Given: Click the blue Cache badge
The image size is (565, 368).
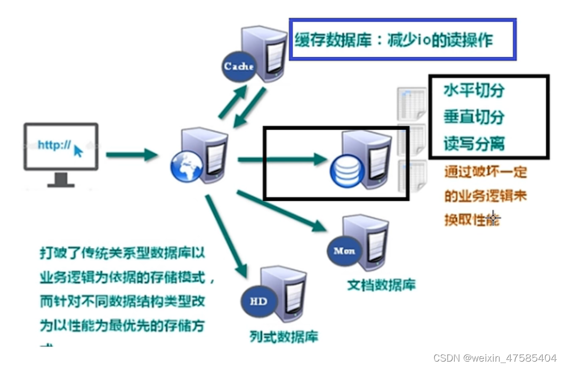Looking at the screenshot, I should click(x=238, y=67).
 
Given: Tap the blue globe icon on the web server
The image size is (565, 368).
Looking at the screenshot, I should click(x=187, y=165).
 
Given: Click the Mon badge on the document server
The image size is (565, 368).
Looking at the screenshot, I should click(x=344, y=251).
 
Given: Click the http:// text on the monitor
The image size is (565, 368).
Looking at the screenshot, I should click(x=54, y=145).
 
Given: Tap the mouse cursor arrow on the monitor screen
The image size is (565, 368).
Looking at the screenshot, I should click(x=78, y=151).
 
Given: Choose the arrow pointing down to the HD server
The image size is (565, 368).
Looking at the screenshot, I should click(x=227, y=235).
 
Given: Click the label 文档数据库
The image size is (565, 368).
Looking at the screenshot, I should click(x=381, y=285).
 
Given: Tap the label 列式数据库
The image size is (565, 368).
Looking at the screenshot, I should click(x=284, y=337).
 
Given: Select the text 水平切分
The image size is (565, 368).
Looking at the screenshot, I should click(x=473, y=90).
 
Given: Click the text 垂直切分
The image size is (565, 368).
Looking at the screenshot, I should click(x=473, y=117).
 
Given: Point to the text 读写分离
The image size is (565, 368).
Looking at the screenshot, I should click(x=473, y=143).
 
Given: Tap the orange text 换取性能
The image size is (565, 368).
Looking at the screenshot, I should click(x=472, y=219).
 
